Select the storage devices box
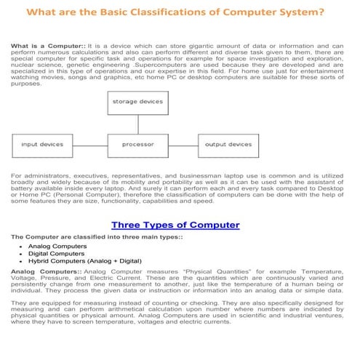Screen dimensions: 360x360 137,103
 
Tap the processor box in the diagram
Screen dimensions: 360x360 137,145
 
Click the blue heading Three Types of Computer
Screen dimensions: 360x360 175,225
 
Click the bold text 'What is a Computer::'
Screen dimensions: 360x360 41,46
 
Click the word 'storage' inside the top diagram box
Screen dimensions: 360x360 125,103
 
